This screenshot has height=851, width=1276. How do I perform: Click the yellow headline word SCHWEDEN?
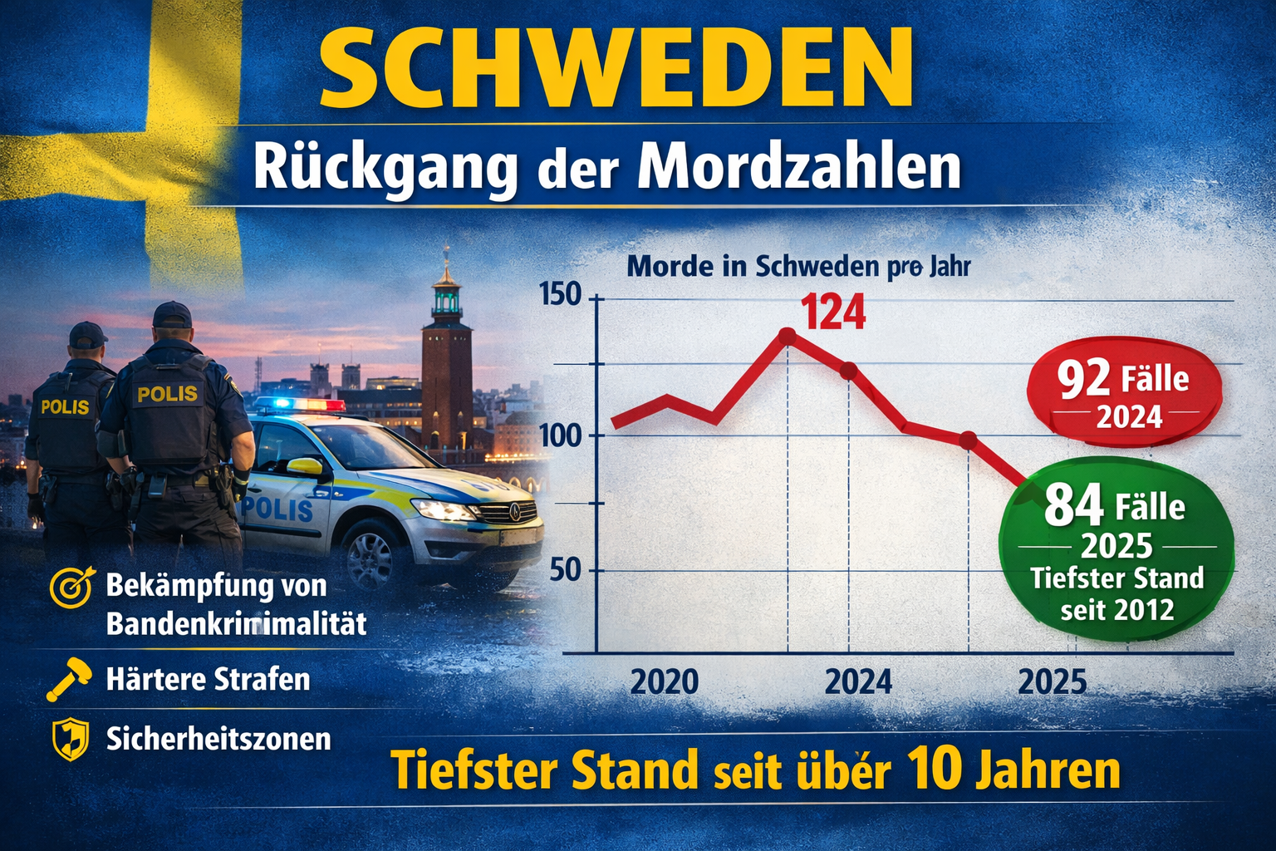(x=616, y=70)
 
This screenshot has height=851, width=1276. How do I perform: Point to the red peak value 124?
(x=833, y=313)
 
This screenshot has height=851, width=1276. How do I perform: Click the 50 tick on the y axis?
(x=564, y=571)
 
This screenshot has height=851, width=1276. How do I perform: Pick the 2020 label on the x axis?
(x=665, y=682)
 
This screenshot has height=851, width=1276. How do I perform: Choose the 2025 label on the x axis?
(x=1052, y=682)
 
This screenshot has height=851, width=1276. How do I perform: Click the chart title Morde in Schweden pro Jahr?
(x=798, y=267)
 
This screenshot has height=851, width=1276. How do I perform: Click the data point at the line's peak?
(x=788, y=335)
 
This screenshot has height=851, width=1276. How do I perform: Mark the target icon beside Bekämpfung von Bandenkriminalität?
(x=72, y=587)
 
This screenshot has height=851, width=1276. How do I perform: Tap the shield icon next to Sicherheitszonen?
(x=71, y=738)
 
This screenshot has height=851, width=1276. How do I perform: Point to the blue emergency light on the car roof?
(x=275, y=405)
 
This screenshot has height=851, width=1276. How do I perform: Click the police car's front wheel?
(x=371, y=552)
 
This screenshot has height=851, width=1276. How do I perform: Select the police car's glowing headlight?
(x=441, y=509)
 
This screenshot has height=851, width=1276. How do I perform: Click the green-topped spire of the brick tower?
(x=446, y=287)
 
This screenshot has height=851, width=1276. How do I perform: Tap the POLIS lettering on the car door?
(x=277, y=509)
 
